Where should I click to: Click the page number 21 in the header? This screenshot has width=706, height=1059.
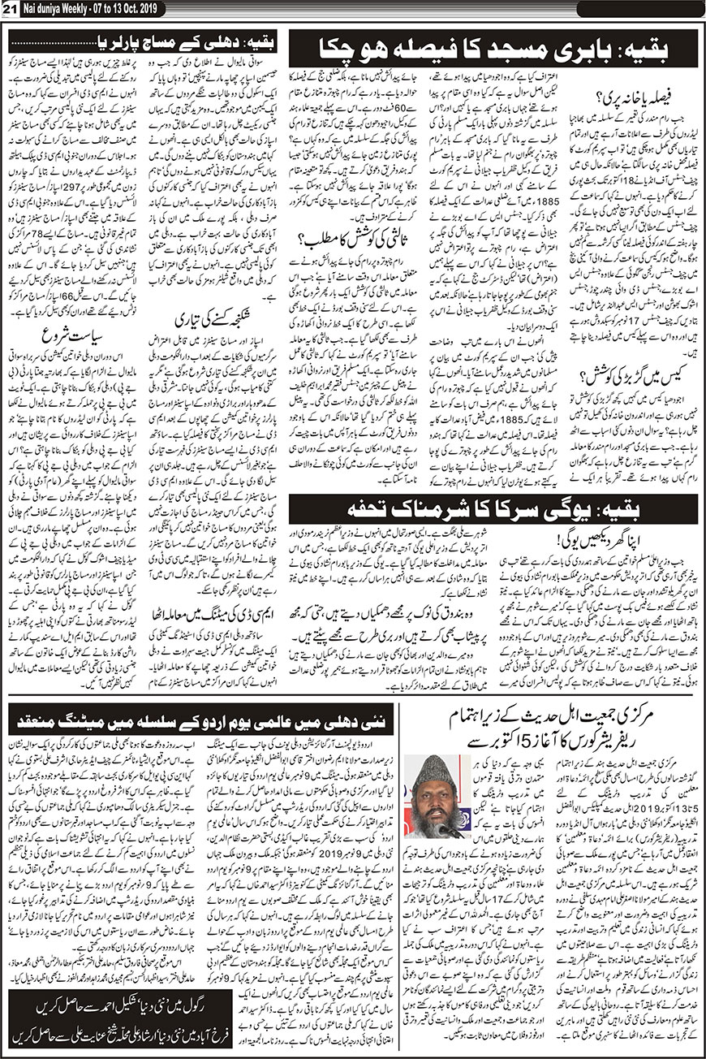coord(11,9)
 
